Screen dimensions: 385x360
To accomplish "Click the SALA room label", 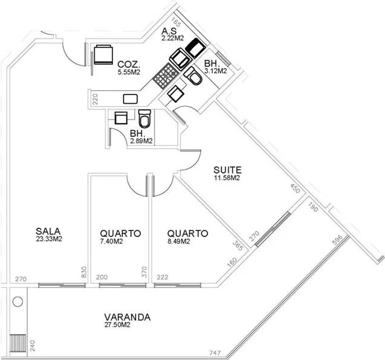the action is click(x=48, y=231).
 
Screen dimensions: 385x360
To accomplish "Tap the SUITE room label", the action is click(x=227, y=170).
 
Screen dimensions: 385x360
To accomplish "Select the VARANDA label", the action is click(x=127, y=317).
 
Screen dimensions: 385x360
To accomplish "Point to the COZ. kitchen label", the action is click(x=129, y=65).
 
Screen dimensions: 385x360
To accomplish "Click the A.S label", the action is click(x=169, y=31).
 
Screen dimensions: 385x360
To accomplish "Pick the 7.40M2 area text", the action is click(x=111, y=241).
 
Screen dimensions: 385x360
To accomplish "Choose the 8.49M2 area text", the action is click(x=179, y=241).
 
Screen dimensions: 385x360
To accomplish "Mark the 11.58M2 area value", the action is click(x=227, y=178).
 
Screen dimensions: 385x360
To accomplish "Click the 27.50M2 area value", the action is click(x=117, y=324).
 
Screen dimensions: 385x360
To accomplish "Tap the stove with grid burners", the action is click(x=165, y=76).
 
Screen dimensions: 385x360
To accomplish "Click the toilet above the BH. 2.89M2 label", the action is click(x=145, y=118).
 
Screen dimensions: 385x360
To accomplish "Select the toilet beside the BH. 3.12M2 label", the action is click(x=193, y=76).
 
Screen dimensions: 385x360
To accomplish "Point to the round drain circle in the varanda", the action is click(x=17, y=302).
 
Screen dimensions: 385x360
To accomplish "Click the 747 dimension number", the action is click(x=215, y=353).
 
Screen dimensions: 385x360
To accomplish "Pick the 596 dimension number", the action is click(x=337, y=239).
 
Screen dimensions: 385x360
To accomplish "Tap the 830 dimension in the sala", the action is click(x=84, y=272).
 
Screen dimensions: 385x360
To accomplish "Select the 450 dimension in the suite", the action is click(x=295, y=188).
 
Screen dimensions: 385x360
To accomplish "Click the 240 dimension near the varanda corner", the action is click(x=33, y=346).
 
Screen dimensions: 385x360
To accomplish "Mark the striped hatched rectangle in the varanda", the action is click(x=17, y=343).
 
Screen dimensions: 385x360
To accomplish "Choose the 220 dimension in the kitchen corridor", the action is click(x=95, y=99).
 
